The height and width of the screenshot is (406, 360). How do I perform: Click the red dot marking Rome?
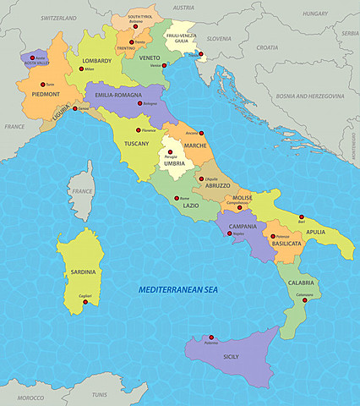click(175, 198)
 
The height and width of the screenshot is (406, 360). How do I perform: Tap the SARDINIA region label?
click(84, 272)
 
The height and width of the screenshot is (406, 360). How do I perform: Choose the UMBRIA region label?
click(174, 163)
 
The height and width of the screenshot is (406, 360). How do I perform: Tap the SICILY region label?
click(231, 357)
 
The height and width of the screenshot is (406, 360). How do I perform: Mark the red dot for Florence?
click(139, 130)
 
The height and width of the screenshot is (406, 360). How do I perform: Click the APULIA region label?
click(316, 231)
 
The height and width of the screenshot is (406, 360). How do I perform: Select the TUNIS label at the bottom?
click(100, 395)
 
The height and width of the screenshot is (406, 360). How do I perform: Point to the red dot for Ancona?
click(201, 132)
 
